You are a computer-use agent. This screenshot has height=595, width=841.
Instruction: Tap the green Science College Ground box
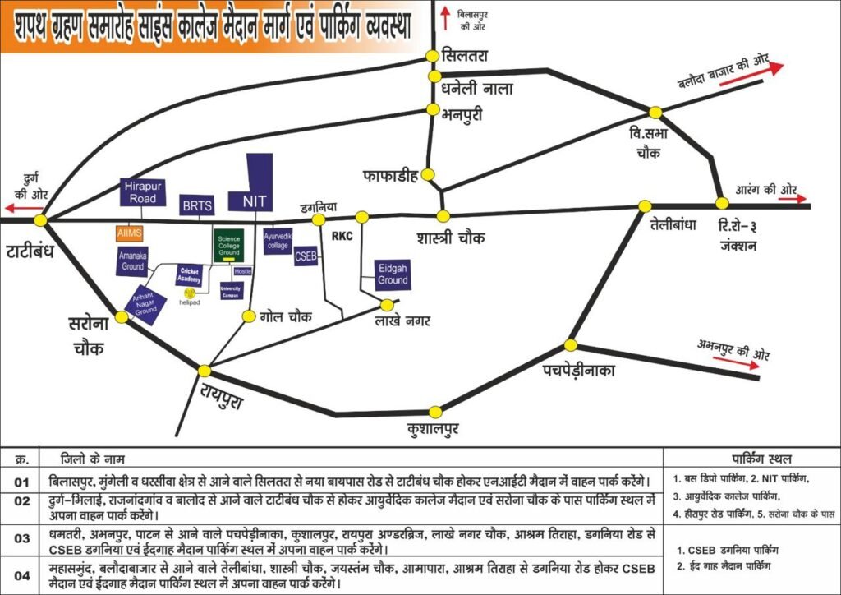pos(228,246)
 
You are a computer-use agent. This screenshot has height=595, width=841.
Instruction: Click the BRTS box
pos(197,205)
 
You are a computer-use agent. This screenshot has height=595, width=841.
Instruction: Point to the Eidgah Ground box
pos(393,274)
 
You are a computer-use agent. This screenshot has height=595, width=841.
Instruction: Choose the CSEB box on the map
pos(306,256)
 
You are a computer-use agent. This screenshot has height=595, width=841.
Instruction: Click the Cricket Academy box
pos(189,275)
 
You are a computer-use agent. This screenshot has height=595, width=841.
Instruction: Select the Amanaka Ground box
pos(133,263)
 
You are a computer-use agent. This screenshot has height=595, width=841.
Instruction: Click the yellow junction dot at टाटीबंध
pos(42,220)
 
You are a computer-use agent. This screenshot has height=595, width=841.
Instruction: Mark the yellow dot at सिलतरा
pos(432,56)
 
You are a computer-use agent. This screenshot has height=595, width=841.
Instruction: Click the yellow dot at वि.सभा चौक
pos(655,113)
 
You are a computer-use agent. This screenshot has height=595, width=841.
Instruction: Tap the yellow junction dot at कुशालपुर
pos(435,412)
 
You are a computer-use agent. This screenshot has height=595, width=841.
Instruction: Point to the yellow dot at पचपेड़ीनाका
pos(572,344)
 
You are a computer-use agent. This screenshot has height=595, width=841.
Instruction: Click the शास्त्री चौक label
pos(450,238)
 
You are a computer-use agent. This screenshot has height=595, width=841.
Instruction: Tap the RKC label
pos(342,236)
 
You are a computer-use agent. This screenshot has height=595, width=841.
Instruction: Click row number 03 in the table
pos(21,538)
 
